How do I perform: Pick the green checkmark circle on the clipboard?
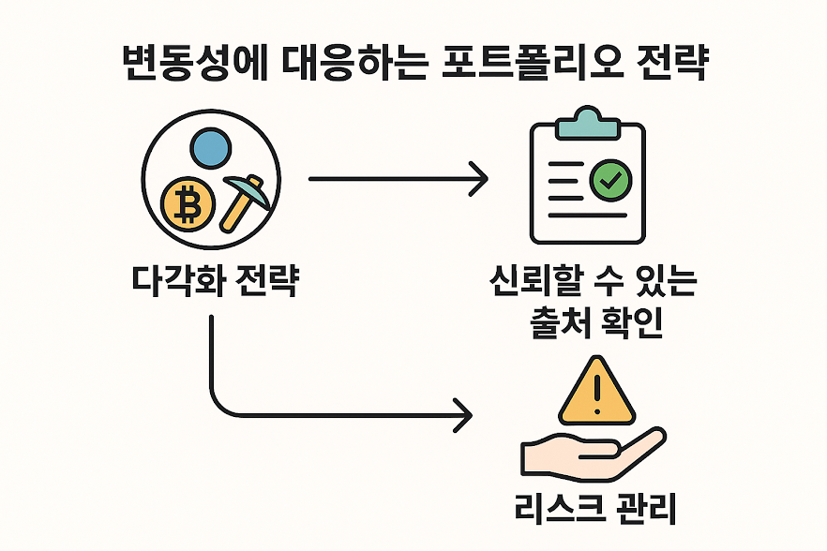click(x=610, y=179)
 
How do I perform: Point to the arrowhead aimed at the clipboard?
click(x=480, y=179)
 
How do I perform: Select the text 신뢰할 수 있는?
click(x=592, y=281)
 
